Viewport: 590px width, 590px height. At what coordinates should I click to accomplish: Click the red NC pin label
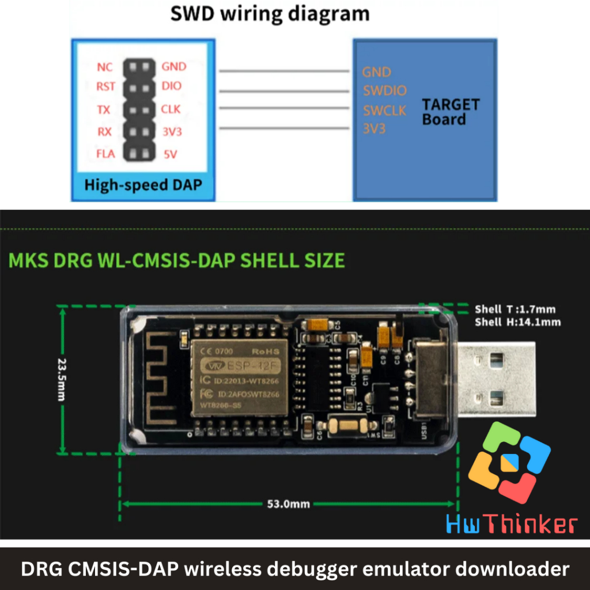pos(105,67)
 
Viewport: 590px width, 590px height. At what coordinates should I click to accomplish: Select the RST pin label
pos(106,87)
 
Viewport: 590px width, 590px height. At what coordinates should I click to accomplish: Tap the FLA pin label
pos(106,154)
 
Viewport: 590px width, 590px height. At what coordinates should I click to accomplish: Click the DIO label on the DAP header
pos(172,86)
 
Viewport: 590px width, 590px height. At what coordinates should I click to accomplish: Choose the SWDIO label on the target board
pos(384,90)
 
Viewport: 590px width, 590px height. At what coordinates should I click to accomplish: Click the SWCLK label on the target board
pos(384,110)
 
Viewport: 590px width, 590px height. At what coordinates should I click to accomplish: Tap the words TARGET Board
pos(451,112)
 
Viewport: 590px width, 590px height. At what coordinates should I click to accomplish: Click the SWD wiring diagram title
pos(270,14)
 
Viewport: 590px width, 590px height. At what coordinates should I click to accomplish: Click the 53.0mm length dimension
pos(288,504)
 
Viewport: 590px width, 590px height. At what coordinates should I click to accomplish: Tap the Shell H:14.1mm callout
pos(517,322)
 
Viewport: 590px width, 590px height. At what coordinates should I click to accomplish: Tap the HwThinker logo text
pos(512,524)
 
